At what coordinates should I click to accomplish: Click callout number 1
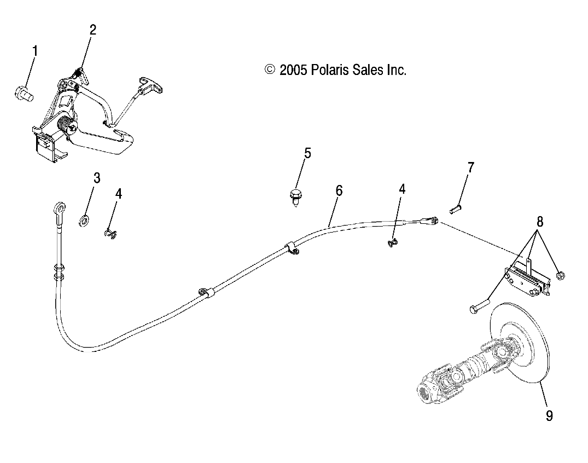pos(36,52)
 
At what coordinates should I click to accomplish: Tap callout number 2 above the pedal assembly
pos(93,30)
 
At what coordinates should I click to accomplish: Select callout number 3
pos(97,178)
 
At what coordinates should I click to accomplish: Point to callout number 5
pos(307,153)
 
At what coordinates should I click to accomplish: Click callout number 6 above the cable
pos(339,191)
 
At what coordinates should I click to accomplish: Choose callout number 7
pos(471,167)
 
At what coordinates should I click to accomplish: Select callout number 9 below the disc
pos(549,416)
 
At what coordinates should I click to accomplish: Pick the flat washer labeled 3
pos(85,221)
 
